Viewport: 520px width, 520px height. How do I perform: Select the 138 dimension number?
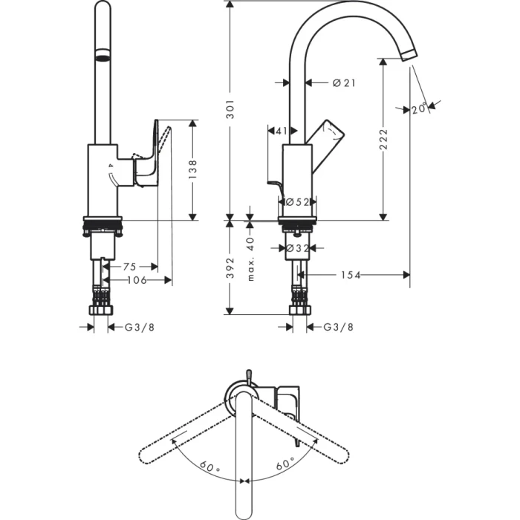click(x=192, y=169)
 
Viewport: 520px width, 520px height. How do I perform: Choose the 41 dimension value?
click(x=281, y=131)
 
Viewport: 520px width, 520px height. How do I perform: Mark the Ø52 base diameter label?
click(x=299, y=202)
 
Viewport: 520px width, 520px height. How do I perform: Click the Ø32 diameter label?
click(x=299, y=248)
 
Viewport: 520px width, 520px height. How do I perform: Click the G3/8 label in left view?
click(x=140, y=327)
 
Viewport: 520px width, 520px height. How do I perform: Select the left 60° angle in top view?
click(x=210, y=467)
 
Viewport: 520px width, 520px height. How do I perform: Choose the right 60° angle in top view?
click(x=285, y=465)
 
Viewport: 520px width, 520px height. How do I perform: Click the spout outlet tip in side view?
click(x=409, y=55)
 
